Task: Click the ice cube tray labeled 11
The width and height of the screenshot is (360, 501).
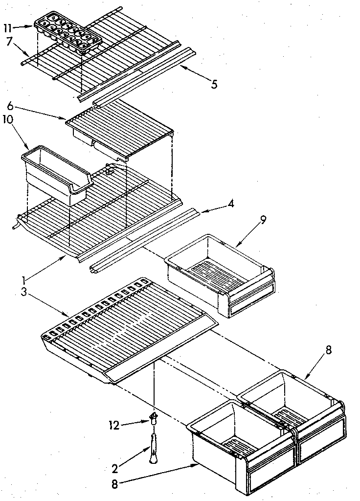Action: coord(67,33)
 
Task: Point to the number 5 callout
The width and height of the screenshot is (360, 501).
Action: coord(214,84)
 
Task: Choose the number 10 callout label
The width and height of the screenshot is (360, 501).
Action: coord(8,119)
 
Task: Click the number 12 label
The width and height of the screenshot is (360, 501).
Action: coord(113,425)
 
